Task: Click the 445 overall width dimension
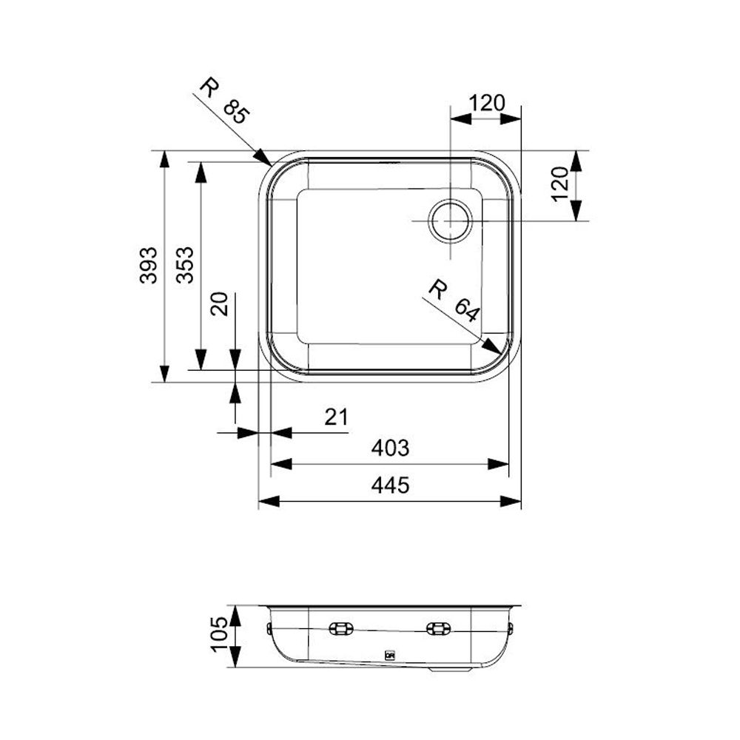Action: (x=390, y=485)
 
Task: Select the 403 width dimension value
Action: (x=390, y=448)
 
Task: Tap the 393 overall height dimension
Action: (x=148, y=265)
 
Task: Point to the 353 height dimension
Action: (x=185, y=265)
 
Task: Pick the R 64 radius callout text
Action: (x=454, y=301)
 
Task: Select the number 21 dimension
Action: (x=337, y=417)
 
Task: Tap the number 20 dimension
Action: (x=220, y=304)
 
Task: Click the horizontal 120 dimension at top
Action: (x=487, y=103)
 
